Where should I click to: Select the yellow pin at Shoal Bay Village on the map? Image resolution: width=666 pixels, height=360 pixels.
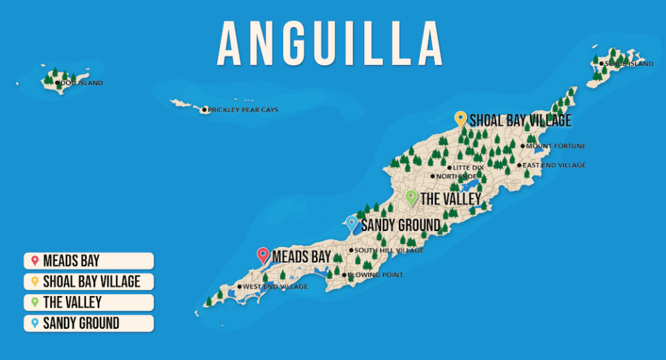click(460, 119)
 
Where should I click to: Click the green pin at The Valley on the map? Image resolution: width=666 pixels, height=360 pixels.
click(411, 198)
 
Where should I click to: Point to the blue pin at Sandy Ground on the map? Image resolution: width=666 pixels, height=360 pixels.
click(352, 223)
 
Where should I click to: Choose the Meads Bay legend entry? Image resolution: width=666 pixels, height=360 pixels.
click(88, 261)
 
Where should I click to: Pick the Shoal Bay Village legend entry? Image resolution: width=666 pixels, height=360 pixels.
click(88, 282)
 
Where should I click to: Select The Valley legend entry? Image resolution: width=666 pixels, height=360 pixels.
click(88, 302)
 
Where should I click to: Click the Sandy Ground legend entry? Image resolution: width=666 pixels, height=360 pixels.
click(88, 323)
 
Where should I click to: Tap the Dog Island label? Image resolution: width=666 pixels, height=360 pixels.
click(81, 83)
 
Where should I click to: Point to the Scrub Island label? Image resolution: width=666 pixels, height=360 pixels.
click(629, 64)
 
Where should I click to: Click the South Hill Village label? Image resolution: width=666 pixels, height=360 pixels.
click(388, 250)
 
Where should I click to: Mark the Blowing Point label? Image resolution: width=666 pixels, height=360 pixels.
click(375, 275)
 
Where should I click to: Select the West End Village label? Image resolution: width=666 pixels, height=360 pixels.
click(275, 286)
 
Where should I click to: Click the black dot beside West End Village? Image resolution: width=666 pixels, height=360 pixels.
click(240, 286)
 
